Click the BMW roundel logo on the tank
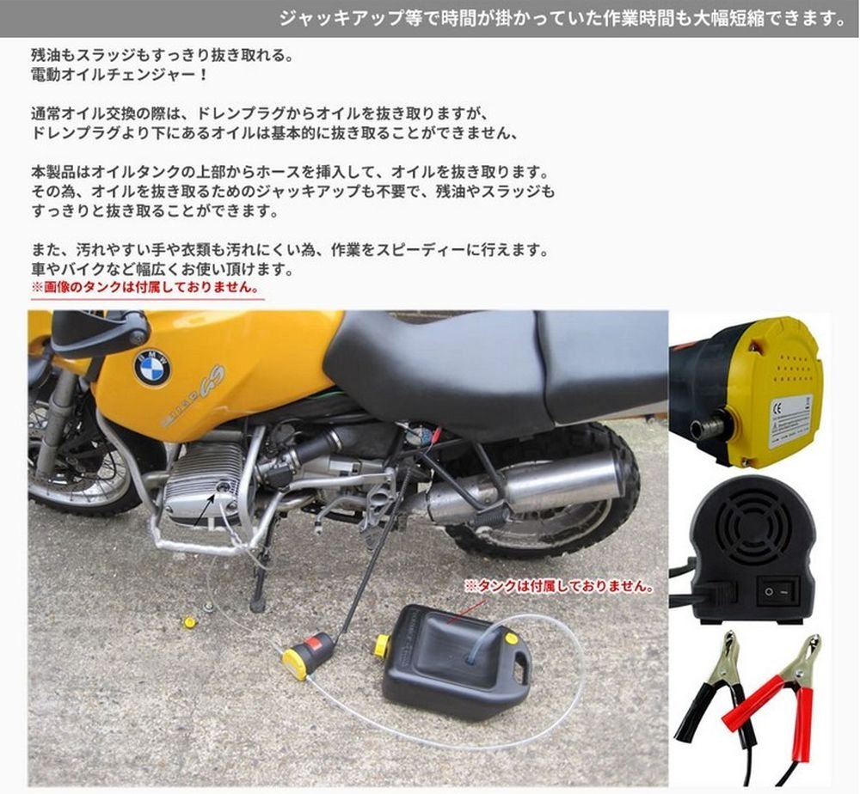(152, 367)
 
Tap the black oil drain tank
(456, 662)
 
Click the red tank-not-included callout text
(558, 586)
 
